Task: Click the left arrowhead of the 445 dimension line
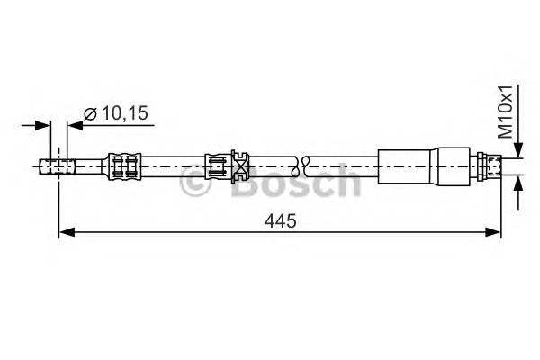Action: tap(64, 233)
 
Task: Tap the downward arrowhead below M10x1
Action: tap(518, 150)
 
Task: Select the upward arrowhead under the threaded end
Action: tap(518, 183)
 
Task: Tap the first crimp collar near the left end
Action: tap(124, 166)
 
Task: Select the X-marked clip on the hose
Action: tap(240, 166)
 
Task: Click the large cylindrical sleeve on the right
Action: tap(410, 166)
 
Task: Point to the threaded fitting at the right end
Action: tap(490, 166)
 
